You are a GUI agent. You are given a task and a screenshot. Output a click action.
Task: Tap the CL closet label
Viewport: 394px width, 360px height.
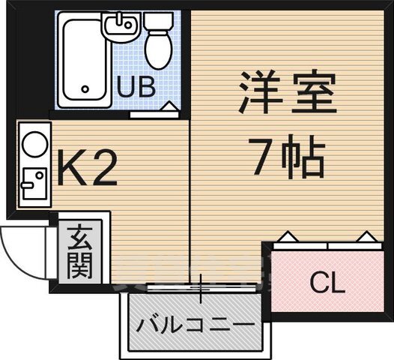(x=327, y=283)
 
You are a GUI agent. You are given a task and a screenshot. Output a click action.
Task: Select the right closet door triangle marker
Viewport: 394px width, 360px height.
(x=365, y=239)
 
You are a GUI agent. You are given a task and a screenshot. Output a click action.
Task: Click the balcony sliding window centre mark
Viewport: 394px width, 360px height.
(x=201, y=287)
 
